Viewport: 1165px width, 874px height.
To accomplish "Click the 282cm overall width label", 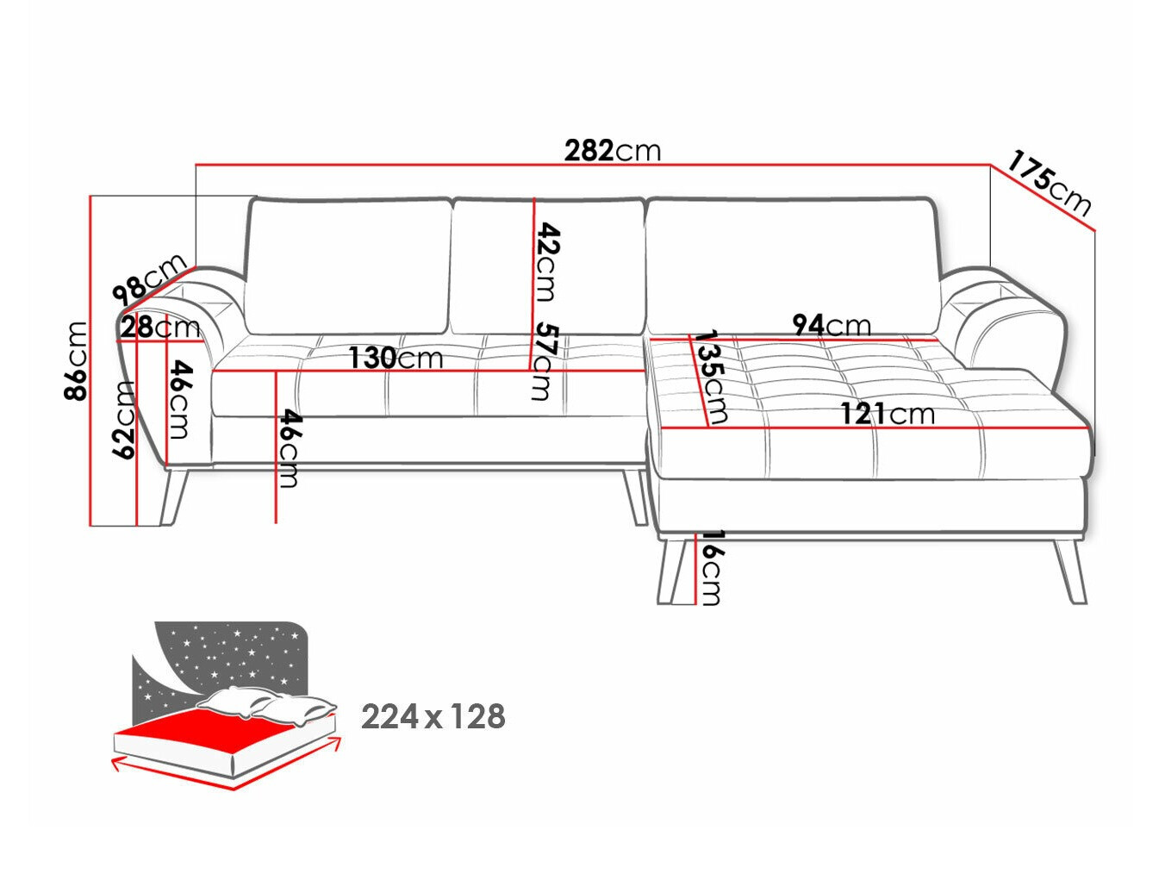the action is (x=613, y=151).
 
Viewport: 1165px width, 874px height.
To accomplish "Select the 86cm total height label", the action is (x=75, y=361).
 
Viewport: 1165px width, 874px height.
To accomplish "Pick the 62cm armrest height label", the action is (x=124, y=419).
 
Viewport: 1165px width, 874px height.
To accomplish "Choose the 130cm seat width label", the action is (x=396, y=358).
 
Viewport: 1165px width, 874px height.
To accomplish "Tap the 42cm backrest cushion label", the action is (x=547, y=262).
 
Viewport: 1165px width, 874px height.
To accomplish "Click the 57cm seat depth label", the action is (x=544, y=361).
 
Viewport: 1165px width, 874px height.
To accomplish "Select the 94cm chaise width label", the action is (x=832, y=325).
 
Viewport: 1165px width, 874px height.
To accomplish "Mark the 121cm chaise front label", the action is (x=888, y=414).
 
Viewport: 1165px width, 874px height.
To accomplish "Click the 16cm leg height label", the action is (x=709, y=567).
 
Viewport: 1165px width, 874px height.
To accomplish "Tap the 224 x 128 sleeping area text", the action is (x=433, y=717).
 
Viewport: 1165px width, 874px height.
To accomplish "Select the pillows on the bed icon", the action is (x=267, y=705).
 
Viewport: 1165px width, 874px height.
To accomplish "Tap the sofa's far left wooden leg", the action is (x=174, y=496).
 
